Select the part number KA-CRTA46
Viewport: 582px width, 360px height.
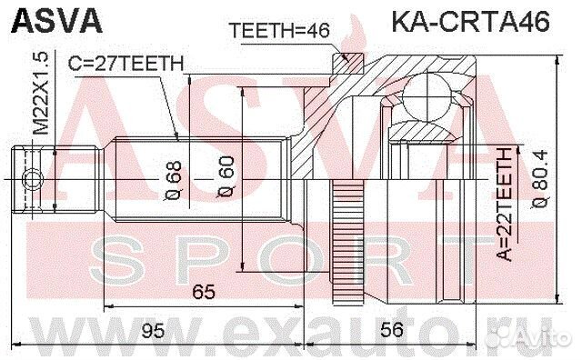(470, 21)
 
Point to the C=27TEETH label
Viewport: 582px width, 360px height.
(126, 63)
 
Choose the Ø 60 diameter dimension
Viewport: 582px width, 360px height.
(227, 175)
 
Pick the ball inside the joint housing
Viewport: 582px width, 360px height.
(427, 100)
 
